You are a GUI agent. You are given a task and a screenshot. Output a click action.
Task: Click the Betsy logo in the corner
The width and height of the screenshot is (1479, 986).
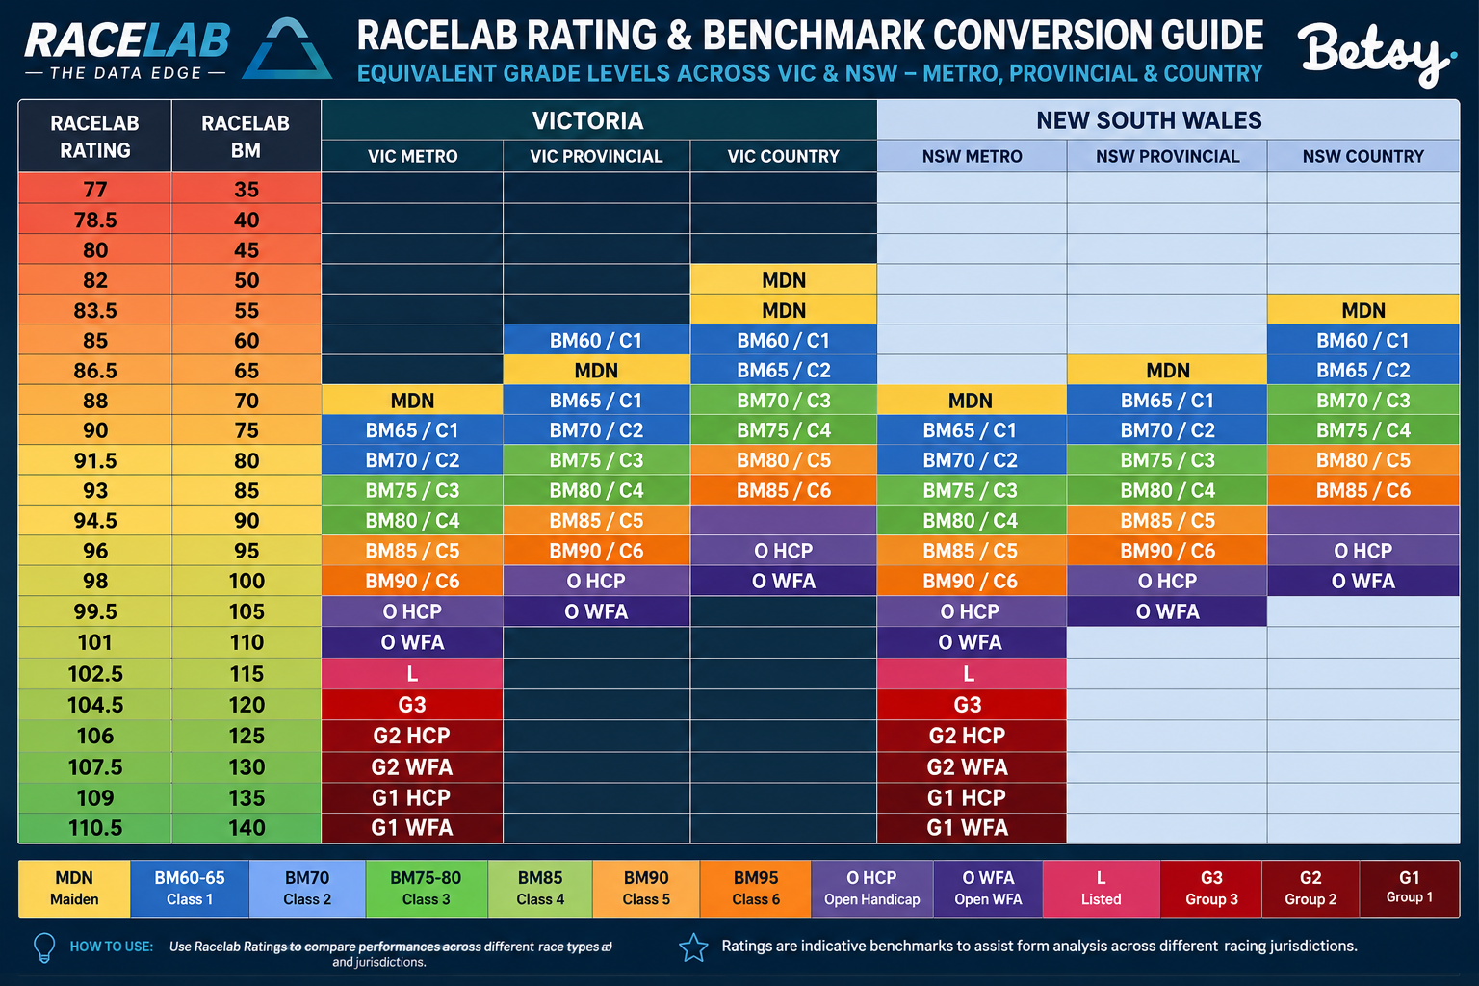click(1377, 54)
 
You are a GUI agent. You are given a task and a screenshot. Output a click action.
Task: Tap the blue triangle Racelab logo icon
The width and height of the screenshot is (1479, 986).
click(287, 49)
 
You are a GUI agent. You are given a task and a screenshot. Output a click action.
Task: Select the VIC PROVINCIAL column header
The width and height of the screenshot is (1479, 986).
click(596, 157)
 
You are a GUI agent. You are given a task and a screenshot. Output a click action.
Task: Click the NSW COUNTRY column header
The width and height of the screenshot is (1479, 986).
click(1362, 157)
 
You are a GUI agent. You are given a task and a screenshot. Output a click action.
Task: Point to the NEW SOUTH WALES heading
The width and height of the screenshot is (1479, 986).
click(1149, 121)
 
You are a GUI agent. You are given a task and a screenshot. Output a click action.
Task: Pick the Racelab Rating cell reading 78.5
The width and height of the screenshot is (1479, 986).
click(95, 220)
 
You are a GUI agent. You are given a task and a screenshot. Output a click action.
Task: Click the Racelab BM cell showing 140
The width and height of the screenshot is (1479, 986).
click(246, 828)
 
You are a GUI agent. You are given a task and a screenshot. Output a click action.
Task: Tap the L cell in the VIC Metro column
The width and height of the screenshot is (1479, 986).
click(412, 674)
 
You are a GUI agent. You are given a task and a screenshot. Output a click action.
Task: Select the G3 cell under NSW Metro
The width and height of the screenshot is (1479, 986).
click(968, 705)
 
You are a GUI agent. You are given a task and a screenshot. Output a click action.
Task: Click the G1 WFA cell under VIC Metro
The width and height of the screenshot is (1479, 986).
click(412, 828)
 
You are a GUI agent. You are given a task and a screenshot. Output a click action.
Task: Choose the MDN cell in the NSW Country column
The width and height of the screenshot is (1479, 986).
click(1363, 310)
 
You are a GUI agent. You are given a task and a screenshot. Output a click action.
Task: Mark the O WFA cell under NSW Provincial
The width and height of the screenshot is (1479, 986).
click(1167, 611)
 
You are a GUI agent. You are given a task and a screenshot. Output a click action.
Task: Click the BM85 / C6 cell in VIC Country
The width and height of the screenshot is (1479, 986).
click(784, 491)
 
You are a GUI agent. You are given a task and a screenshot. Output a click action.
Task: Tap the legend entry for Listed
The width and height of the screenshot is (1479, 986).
click(1101, 888)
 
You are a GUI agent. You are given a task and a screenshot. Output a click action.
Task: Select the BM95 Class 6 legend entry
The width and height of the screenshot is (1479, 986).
click(756, 888)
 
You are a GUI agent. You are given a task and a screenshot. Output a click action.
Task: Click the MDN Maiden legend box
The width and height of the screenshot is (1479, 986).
click(74, 888)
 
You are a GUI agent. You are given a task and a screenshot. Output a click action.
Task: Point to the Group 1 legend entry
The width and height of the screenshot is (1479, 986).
click(1410, 888)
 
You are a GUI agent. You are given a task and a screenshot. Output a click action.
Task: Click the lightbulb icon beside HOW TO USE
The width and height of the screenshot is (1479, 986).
click(44, 947)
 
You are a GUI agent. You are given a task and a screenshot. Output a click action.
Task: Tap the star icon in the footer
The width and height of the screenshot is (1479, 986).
click(694, 947)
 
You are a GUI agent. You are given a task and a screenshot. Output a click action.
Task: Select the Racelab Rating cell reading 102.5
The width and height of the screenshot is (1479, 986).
click(95, 674)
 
